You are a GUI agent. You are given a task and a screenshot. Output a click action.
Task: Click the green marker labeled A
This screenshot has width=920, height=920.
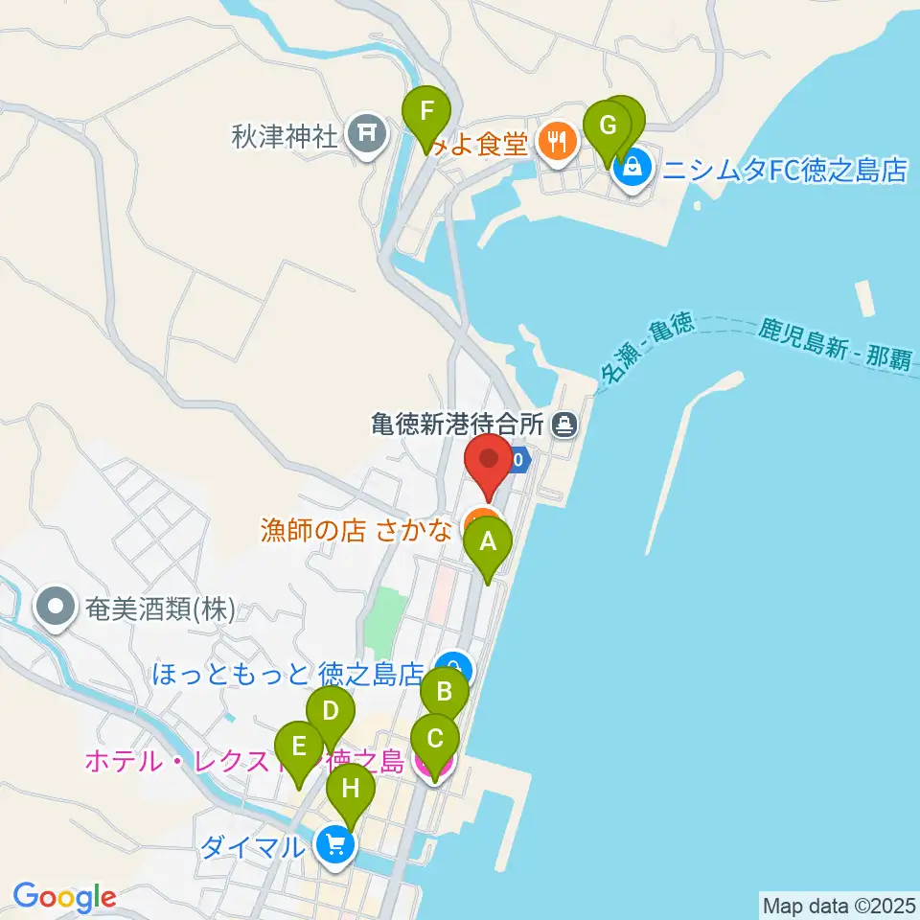(488, 543)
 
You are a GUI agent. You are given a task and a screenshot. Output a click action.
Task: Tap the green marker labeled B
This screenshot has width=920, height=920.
(445, 690)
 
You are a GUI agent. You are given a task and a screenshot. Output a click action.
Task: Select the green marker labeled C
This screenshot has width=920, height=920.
(435, 739)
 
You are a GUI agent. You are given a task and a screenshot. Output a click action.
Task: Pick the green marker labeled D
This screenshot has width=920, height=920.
(331, 711)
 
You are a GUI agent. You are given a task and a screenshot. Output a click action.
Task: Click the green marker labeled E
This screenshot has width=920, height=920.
(299, 747)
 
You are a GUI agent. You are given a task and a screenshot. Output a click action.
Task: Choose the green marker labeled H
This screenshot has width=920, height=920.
(350, 789)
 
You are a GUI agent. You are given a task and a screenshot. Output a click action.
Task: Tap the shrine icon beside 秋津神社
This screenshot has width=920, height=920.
(366, 135)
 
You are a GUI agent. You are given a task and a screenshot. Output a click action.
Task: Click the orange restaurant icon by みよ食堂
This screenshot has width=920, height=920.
(556, 143)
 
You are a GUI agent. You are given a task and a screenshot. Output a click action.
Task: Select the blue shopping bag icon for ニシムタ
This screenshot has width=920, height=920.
(632, 171)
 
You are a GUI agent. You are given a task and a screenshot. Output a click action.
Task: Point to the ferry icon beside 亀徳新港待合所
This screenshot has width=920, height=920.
(565, 422)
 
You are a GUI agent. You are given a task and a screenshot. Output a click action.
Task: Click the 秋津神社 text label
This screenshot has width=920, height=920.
(286, 136)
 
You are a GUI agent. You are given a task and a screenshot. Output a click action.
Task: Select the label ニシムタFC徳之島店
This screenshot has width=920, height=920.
(785, 172)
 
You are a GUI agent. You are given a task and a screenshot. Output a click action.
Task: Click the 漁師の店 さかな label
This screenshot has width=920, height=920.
(356, 530)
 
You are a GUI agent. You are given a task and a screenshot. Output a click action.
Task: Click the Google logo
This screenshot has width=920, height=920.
(64, 898)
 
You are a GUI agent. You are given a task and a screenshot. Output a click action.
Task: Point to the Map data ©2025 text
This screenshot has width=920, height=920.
(839, 905)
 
